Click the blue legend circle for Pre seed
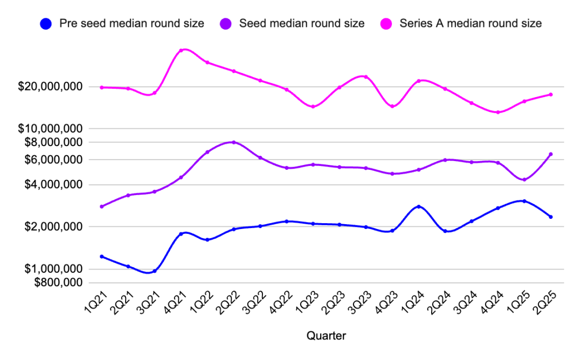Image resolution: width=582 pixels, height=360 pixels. pos(46,24)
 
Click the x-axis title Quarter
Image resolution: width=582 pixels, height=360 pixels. pos(326,336)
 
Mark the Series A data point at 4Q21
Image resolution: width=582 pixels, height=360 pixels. pos(181,51)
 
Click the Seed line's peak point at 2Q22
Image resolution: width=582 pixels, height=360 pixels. pos(233,142)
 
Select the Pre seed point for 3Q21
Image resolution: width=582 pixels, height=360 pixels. pos(155,271)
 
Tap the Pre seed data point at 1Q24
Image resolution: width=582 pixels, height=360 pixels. pos(419,207)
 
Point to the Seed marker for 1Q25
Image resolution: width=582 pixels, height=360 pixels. pos(524,179)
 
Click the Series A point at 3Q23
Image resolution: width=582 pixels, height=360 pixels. pos(366,77)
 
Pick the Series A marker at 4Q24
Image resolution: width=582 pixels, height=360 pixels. pos(498,112)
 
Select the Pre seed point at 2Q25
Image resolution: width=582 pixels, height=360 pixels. pos(551,217)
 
